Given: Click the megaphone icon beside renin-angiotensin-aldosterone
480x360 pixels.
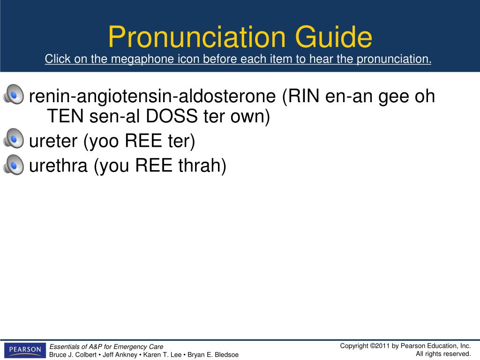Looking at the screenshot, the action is point(14,94).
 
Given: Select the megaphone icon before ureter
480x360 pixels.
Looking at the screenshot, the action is point(14,138).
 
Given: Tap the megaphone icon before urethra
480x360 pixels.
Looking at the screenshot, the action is point(14,165).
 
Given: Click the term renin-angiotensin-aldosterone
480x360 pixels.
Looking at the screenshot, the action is point(152,97).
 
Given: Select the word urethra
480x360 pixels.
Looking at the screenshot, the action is point(58,165).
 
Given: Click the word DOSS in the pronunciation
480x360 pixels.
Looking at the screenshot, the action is point(172,116).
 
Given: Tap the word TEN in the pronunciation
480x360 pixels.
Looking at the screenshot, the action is point(65,116).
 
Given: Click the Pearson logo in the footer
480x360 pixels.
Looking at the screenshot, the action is point(25,350).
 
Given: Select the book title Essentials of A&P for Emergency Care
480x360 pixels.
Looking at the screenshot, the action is point(106,346).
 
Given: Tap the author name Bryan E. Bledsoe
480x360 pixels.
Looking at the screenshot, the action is point(213,355).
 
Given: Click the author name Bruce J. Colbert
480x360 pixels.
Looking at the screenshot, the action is point(73,355).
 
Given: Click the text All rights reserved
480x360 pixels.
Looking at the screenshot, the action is point(443,354).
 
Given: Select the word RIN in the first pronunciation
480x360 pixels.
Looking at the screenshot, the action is point(304,96).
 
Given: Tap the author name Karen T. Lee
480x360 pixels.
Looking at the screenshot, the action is point(162,355).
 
